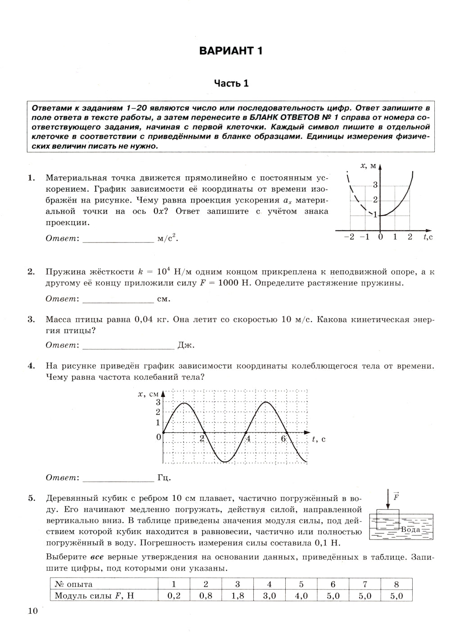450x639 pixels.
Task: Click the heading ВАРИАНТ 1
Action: [x=231, y=50]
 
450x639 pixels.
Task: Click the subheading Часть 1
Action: [x=231, y=83]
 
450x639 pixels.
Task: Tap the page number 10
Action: [x=33, y=611]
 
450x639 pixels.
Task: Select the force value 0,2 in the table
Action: [x=174, y=596]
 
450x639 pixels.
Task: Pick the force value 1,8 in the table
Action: [x=237, y=596]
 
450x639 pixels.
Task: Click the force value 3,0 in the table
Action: [x=269, y=596]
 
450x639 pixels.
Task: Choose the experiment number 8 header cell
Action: [x=396, y=584]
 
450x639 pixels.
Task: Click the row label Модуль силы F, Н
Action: [x=94, y=596]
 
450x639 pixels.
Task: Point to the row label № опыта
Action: [x=74, y=584]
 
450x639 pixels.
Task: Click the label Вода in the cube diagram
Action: [x=410, y=529]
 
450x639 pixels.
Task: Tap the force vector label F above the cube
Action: [x=396, y=497]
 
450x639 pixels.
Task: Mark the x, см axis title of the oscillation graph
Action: [x=148, y=394]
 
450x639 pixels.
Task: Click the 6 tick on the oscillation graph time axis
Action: [x=283, y=438]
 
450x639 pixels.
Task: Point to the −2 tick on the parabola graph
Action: [x=349, y=237]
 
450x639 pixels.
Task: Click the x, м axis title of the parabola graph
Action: [x=368, y=166]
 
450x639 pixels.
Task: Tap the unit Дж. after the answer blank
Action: [x=186, y=345]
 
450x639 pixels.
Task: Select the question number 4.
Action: [x=31, y=366]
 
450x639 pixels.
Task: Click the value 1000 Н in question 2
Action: [x=232, y=283]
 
